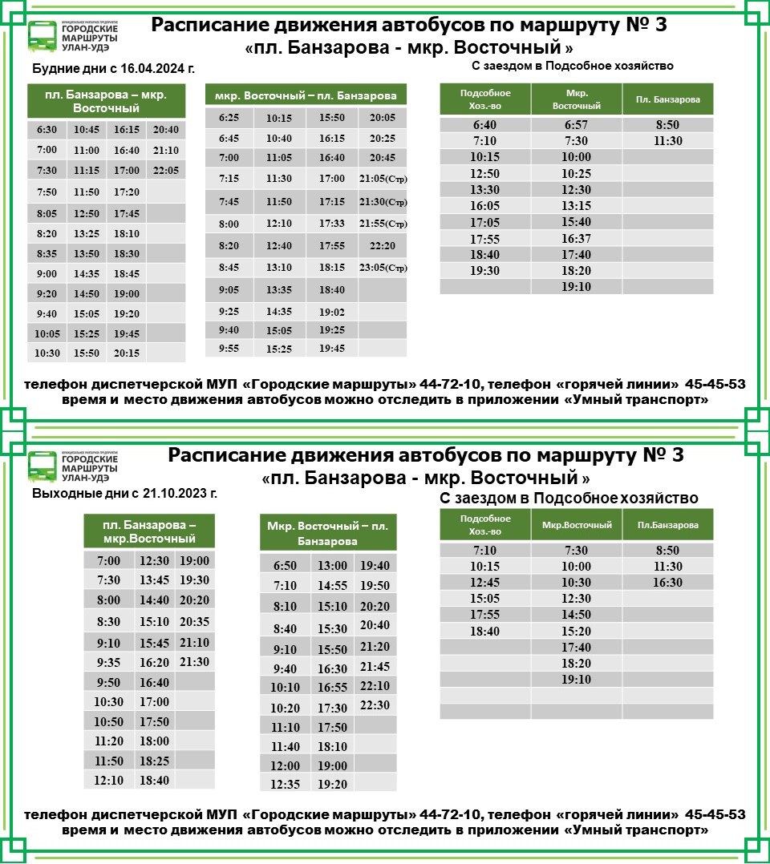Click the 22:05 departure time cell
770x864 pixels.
(x=166, y=170)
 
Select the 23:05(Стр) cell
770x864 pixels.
(x=383, y=268)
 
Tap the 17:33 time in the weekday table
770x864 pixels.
(x=331, y=223)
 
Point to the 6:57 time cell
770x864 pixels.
(x=577, y=125)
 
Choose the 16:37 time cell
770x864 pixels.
(x=577, y=238)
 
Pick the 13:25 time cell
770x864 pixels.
(x=86, y=234)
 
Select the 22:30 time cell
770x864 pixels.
(x=375, y=705)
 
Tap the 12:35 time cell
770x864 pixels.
(x=285, y=785)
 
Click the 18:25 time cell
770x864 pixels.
(x=154, y=760)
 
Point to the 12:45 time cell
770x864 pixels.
(x=485, y=583)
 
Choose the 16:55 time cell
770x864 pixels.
(x=332, y=688)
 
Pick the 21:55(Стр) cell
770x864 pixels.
(x=383, y=223)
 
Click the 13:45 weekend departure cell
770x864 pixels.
(x=154, y=580)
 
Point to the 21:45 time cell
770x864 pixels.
(x=375, y=667)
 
